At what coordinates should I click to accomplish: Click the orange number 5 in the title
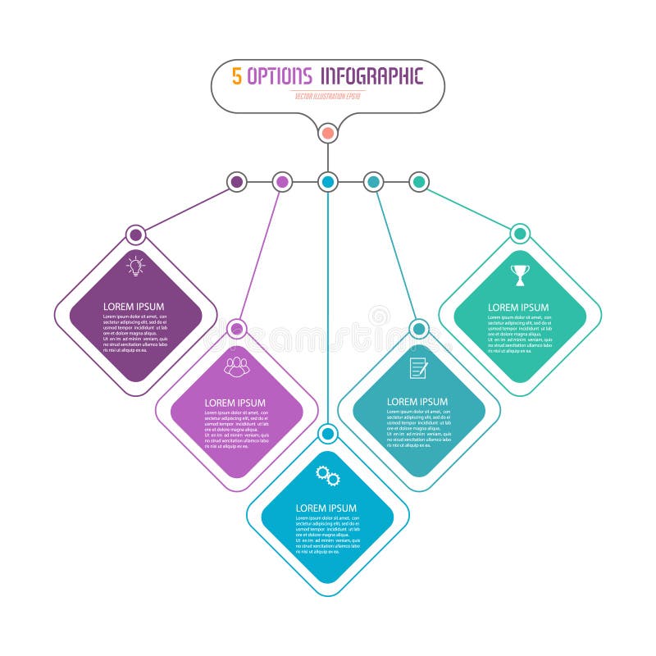pos(237,76)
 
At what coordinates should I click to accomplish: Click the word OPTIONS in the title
pos(280,76)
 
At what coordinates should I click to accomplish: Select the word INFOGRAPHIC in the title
pos(371,76)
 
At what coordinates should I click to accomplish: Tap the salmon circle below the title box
pos(328,132)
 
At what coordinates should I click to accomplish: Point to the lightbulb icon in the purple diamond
pos(135,265)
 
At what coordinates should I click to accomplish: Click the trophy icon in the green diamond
pos(520,275)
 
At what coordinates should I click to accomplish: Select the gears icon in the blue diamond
pos(328,476)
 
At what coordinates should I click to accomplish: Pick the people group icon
pos(237,366)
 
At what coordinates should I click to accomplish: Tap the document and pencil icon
pos(419,368)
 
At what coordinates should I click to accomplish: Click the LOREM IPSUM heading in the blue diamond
pos(326,508)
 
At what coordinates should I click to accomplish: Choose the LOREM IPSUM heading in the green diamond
pos(518,307)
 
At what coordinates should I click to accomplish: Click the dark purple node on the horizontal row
pos(236,181)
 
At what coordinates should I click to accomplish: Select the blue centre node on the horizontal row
pos(328,181)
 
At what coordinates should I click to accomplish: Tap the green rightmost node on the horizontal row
pos(419,181)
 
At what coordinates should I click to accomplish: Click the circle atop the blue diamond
pos(328,433)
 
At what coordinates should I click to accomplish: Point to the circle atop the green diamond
pos(520,234)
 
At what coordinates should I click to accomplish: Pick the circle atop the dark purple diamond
pos(136,235)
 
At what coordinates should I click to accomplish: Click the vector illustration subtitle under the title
pos(328,96)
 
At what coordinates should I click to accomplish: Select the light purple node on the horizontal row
pos(282,181)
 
